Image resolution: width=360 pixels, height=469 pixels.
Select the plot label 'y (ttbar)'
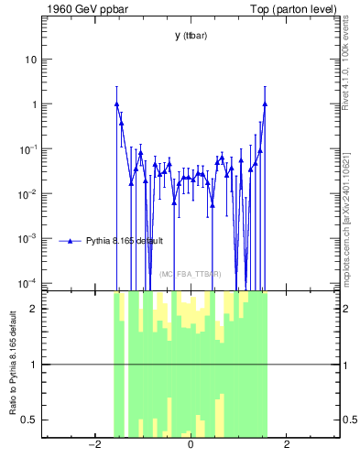tap(190, 36)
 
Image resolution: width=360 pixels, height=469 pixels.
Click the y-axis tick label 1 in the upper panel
tap(33, 104)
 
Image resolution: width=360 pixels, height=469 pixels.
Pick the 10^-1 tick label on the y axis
tap(27, 148)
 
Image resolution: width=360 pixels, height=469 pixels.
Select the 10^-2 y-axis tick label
tap(27, 193)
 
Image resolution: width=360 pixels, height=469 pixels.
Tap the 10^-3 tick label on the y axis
tap(27, 238)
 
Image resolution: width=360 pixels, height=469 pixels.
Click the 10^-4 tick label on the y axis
tap(27, 282)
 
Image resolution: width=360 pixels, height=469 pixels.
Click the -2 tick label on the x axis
tap(93, 445)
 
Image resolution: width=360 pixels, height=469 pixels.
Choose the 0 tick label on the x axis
tap(191, 445)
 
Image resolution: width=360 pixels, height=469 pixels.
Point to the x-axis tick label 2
tap(287, 445)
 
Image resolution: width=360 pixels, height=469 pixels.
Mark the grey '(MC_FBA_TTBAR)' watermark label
tap(191, 274)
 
